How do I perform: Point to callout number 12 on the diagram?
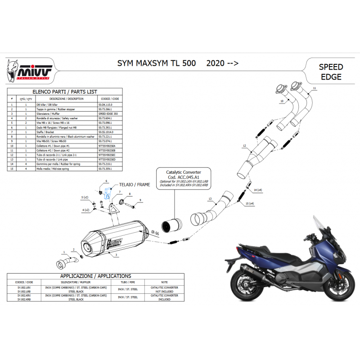tap(243, 146)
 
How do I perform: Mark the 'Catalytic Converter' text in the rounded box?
tap(184, 172)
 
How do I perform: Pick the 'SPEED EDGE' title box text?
tap(330, 72)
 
